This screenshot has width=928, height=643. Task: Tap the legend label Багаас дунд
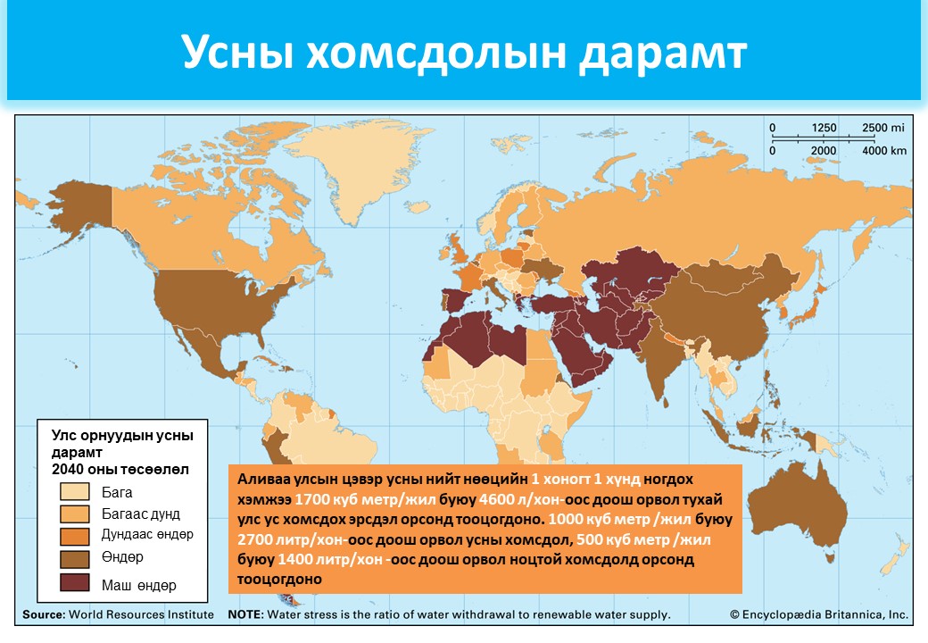(x=141, y=514)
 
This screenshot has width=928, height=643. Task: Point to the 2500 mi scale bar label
(x=883, y=128)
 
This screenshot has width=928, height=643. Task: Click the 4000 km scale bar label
(x=883, y=151)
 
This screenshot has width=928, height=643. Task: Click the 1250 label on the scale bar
(x=824, y=128)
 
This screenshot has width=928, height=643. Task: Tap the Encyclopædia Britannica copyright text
(x=819, y=615)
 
